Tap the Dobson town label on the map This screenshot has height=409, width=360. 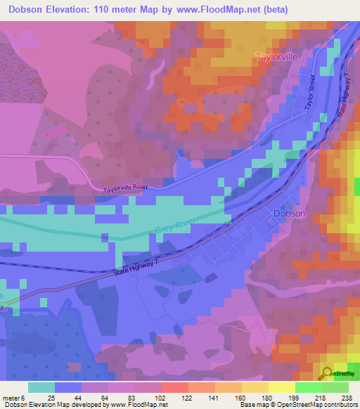pyautogui.click(x=289, y=214)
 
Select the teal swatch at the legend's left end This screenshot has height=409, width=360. pyautogui.click(x=41, y=387)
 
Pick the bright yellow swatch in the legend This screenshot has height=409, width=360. pyautogui.click(x=282, y=387)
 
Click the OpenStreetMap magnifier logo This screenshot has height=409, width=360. pyautogui.click(x=327, y=373)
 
